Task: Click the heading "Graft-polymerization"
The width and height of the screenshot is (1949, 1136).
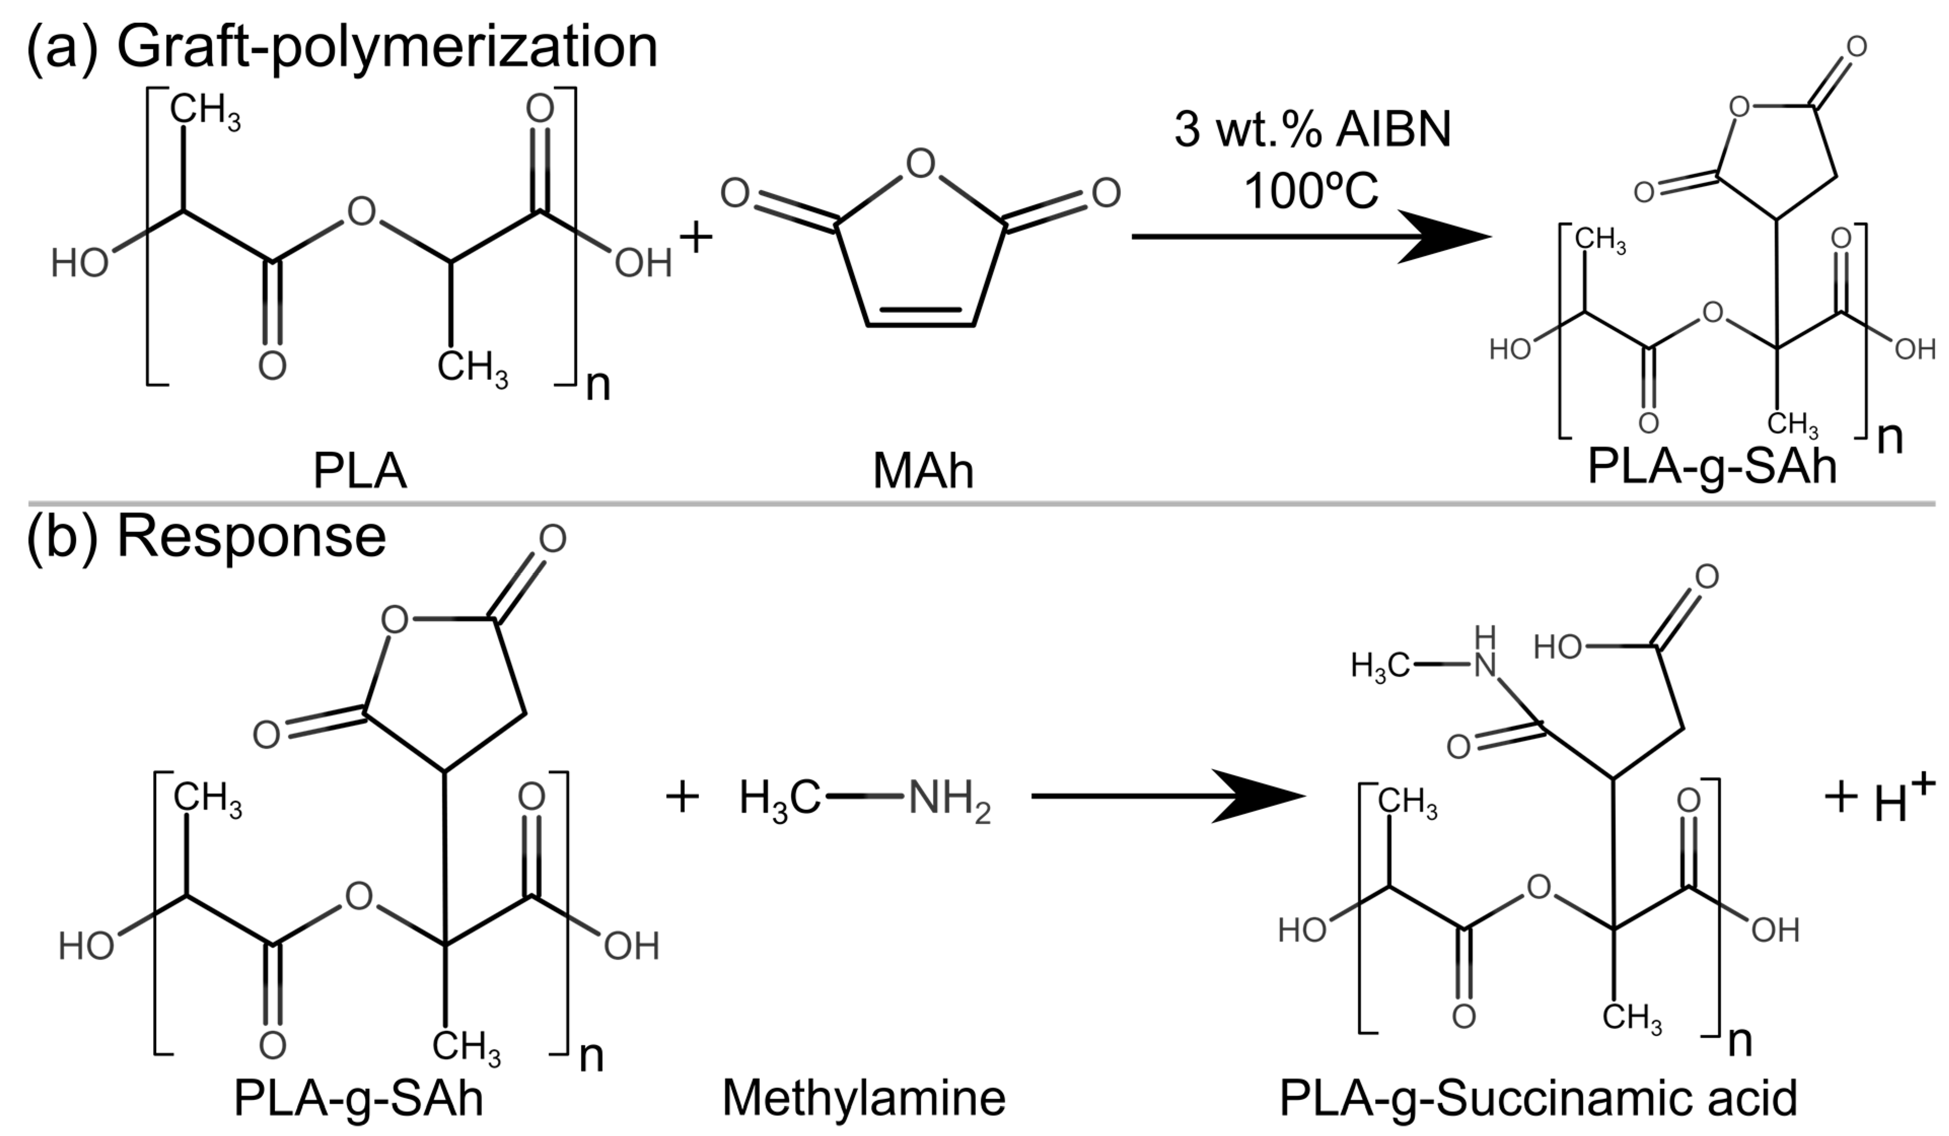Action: coord(387,48)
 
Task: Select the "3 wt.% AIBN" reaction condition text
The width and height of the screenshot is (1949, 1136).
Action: coord(1313,129)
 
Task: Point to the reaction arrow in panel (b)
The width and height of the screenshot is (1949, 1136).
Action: coord(1168,796)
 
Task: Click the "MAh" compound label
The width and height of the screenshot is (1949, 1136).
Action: coord(923,471)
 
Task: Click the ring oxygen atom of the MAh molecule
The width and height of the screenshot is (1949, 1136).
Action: coord(920,163)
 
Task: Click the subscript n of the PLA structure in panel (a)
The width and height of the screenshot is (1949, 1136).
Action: coord(598,384)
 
